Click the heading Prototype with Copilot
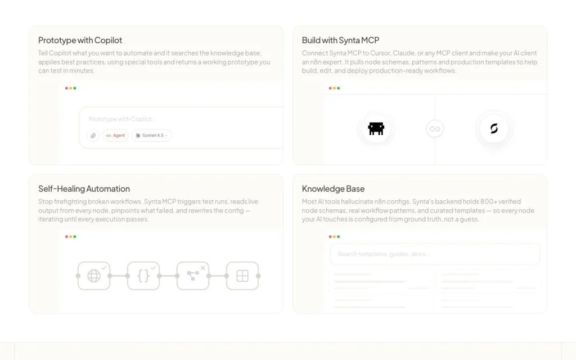80,40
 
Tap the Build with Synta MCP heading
340,40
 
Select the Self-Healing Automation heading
84,189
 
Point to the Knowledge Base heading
333,189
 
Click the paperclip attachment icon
93,136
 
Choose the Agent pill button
115,136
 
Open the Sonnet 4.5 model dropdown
151,136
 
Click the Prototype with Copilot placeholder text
123,119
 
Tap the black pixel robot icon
376,129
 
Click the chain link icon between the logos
435,129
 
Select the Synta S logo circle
494,129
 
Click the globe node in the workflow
94,276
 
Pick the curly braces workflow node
143,276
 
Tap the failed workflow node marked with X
193,276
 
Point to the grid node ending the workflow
242,276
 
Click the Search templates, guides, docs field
435,254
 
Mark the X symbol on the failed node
202,268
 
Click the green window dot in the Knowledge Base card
338,237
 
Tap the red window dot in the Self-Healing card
66,237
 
